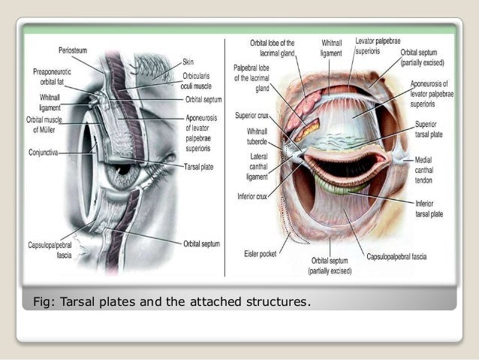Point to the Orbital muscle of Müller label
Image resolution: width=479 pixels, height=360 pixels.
pos(45,124)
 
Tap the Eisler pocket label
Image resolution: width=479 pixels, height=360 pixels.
pos(261,253)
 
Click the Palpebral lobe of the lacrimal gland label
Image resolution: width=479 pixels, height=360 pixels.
pos(252,77)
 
